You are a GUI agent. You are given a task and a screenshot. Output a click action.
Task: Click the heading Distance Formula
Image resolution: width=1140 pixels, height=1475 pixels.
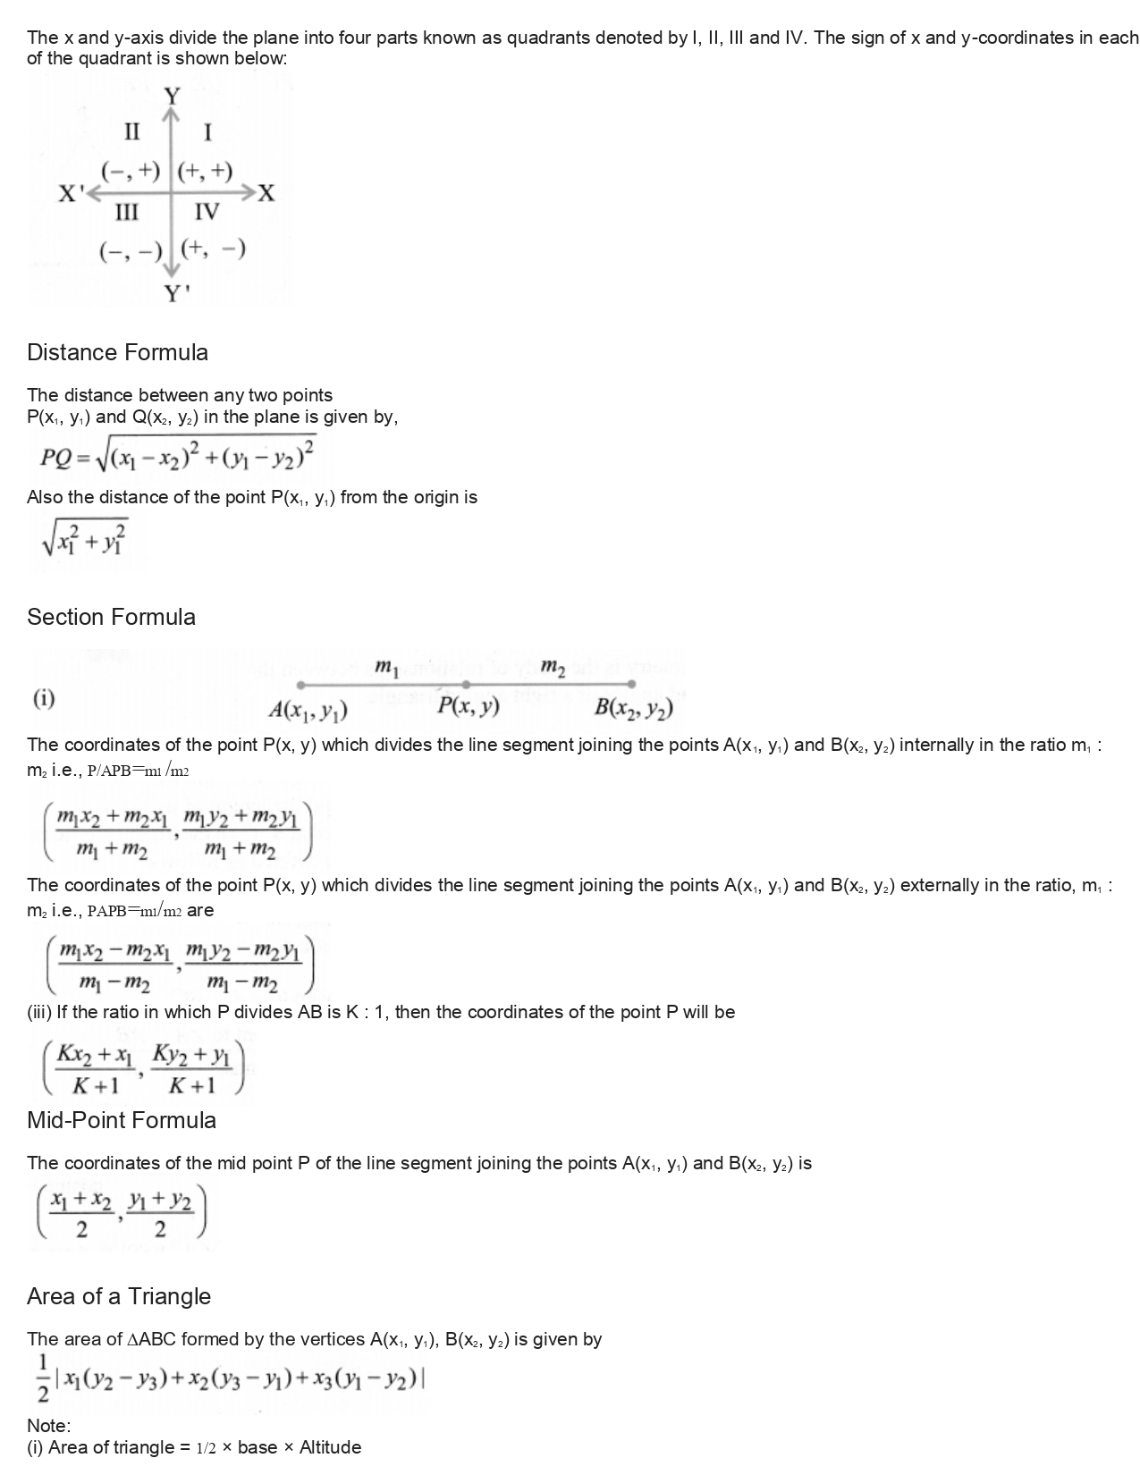pos(117,352)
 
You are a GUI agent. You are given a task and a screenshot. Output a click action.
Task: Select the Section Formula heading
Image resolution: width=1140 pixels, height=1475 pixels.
pos(111,617)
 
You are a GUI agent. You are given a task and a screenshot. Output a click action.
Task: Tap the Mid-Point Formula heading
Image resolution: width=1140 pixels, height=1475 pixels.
pos(122,1120)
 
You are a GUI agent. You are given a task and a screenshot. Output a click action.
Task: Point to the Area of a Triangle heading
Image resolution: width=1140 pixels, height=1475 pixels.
pos(119,1296)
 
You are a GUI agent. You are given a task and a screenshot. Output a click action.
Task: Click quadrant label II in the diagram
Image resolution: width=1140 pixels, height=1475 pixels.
pos(131,132)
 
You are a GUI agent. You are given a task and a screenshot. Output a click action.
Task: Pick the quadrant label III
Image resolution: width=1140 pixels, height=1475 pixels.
pos(127,212)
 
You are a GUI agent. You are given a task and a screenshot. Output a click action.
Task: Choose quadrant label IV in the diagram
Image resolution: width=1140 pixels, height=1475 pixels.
pos(207,212)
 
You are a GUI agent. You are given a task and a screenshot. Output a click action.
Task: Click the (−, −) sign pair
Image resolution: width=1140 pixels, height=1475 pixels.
pos(131,251)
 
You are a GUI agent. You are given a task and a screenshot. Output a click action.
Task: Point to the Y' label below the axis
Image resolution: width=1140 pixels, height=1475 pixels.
pos(176,293)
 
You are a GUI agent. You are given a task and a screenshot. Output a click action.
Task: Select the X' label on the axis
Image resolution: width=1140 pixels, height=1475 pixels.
pos(71,193)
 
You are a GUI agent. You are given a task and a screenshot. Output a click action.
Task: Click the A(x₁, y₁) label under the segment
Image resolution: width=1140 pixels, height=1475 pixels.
pos(308,711)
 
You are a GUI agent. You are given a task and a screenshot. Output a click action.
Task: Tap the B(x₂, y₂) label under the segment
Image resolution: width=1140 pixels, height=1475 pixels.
pos(634,709)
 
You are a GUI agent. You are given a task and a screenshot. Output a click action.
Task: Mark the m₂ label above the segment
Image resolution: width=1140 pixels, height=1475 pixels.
pos(553,667)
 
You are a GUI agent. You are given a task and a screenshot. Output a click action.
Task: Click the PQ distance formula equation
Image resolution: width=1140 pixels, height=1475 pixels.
pos(177,456)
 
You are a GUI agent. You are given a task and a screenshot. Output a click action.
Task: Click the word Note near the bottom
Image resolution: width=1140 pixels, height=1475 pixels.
pos(48,1425)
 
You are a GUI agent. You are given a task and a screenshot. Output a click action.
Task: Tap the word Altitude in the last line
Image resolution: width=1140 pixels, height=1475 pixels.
pos(330,1447)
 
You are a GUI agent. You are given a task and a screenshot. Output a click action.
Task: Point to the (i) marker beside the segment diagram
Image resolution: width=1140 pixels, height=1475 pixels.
pos(44,698)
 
